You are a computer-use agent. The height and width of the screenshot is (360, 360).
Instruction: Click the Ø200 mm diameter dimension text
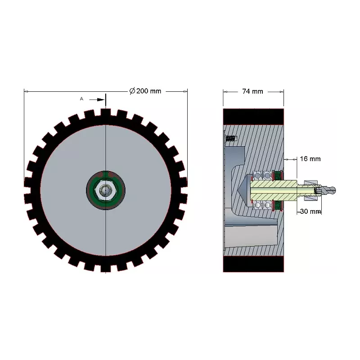click(x=145, y=91)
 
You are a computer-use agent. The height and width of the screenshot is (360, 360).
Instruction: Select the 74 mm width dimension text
click(x=252, y=91)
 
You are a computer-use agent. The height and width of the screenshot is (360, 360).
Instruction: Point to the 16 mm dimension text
click(x=310, y=159)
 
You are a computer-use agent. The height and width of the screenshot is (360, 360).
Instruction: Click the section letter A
click(x=81, y=99)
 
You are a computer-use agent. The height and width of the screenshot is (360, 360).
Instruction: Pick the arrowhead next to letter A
click(x=101, y=99)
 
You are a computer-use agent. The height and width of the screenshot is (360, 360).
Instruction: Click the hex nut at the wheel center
click(x=106, y=190)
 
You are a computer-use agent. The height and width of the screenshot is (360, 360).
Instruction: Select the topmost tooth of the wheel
click(x=106, y=112)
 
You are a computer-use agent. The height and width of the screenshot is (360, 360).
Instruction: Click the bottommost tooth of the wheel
click(x=106, y=268)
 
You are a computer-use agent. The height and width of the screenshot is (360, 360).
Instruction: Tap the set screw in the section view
click(x=231, y=139)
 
